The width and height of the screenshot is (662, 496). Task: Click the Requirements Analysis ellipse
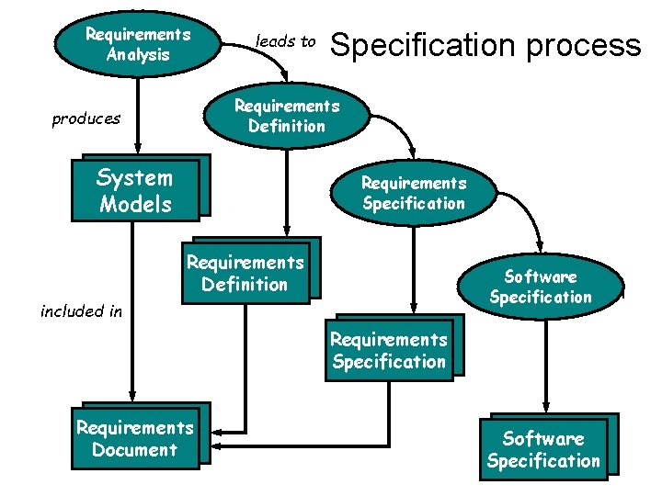point(138,43)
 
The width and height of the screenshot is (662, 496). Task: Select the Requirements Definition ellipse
point(286,115)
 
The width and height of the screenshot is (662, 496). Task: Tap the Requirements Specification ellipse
point(413,193)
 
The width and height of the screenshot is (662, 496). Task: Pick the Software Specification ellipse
point(541,286)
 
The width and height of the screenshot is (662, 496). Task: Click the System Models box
point(135,191)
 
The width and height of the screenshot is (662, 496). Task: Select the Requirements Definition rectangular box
point(245,273)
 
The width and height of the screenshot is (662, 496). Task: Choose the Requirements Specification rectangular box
point(389,350)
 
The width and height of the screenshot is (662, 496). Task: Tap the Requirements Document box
point(135,439)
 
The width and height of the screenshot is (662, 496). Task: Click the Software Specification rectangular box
point(543,449)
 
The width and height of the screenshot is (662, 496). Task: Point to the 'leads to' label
point(285,41)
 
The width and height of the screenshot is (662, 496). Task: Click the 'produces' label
point(86,118)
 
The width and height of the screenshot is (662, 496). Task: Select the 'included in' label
point(81,311)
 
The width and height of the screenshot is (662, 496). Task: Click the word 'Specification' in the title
point(423,44)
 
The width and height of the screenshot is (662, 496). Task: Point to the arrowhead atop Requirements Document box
point(132,397)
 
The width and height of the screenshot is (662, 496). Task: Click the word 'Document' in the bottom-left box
point(134,450)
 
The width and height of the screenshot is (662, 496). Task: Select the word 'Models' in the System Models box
point(135,204)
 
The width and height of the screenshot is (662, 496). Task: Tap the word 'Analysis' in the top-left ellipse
point(138,54)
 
